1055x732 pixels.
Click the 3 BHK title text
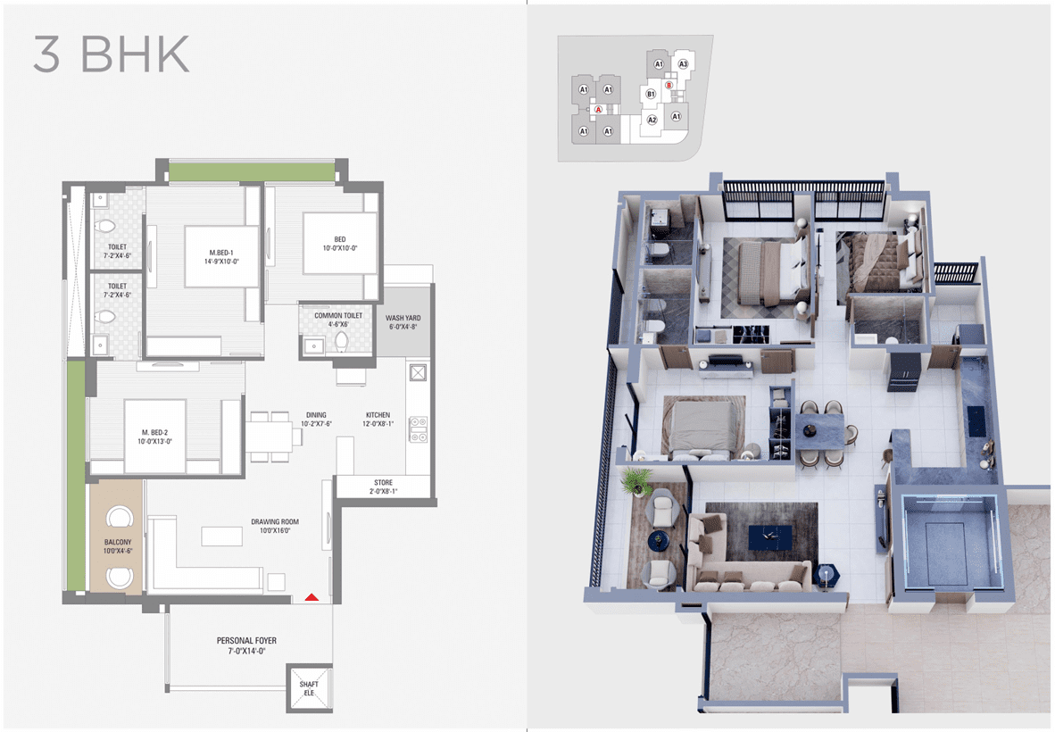tap(112, 54)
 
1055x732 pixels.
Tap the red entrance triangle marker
tap(311, 597)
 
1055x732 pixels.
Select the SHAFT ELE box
tap(309, 687)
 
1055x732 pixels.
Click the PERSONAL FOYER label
tap(246, 645)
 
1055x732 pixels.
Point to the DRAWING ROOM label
tap(275, 526)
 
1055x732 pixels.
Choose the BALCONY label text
tap(118, 546)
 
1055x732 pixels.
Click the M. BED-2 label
tap(154, 437)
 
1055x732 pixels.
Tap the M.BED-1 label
tap(221, 257)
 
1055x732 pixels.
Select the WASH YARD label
tap(403, 322)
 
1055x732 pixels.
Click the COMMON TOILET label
tap(338, 320)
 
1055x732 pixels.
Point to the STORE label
tap(384, 487)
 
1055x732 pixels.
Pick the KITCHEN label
tap(378, 420)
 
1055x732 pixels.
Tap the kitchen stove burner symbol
tap(418, 429)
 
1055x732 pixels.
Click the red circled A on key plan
tap(598, 109)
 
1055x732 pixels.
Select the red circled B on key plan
tap(669, 86)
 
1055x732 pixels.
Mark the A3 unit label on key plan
tap(683, 64)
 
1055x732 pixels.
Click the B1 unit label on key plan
tap(651, 95)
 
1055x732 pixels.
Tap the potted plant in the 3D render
tap(636, 481)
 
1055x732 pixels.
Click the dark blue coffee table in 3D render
tap(772, 538)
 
